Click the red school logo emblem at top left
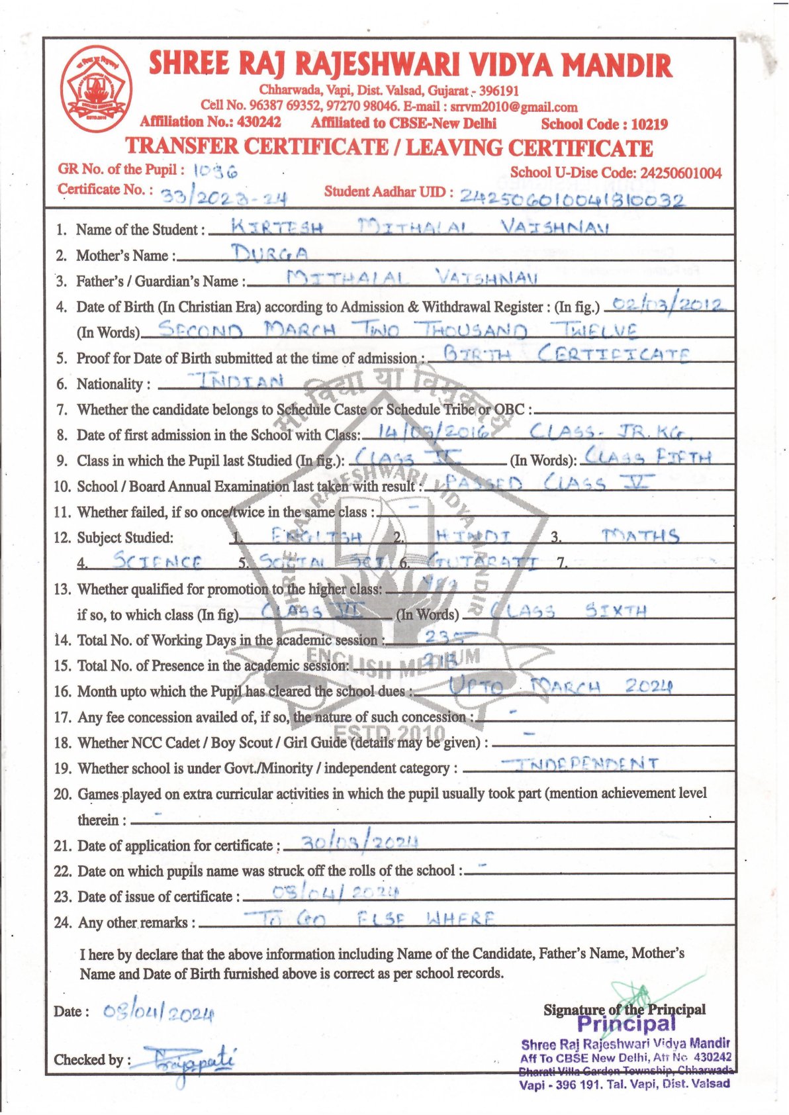97,87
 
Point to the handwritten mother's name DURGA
270,253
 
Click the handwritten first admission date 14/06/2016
435,432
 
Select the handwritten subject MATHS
641,536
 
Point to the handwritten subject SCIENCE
158,561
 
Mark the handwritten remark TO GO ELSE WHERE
369,918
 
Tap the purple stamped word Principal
626,1024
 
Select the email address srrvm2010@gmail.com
514,107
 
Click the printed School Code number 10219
649,124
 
